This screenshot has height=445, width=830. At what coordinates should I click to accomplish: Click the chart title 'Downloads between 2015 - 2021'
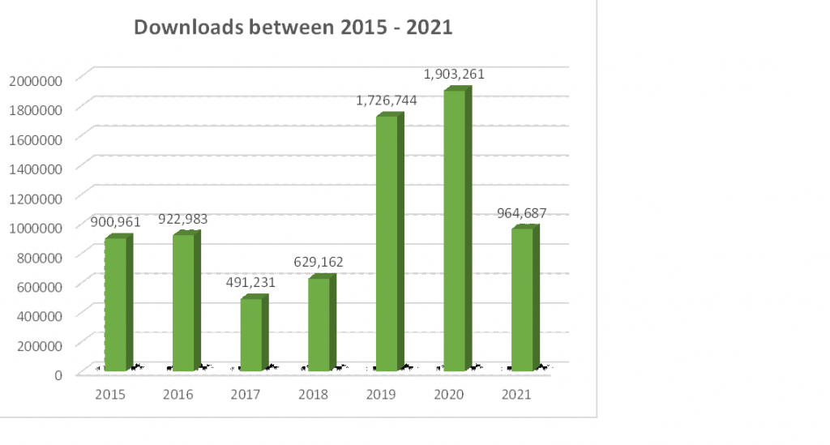pyautogui.click(x=293, y=28)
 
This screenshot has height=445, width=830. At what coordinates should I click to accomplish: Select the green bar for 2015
pyautogui.click(x=116, y=304)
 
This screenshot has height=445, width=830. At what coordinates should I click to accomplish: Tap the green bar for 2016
pyautogui.click(x=183, y=302)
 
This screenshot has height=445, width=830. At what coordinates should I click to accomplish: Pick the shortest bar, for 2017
pyautogui.click(x=251, y=334)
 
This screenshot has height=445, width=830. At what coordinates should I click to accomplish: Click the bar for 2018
pyautogui.click(x=319, y=324)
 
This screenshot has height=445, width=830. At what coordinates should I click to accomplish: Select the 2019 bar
pyautogui.click(x=387, y=243)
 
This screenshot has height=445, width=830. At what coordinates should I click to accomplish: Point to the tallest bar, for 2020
pyautogui.click(x=455, y=230)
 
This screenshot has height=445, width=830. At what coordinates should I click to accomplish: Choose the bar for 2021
pyautogui.click(x=522, y=299)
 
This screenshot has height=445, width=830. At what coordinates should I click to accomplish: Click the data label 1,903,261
pyautogui.click(x=454, y=75)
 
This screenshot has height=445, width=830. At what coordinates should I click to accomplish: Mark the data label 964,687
pyautogui.click(x=520, y=213)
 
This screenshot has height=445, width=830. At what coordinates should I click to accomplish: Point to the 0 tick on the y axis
pyautogui.click(x=59, y=374)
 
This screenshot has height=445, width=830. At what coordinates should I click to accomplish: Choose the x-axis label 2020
pyautogui.click(x=447, y=395)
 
